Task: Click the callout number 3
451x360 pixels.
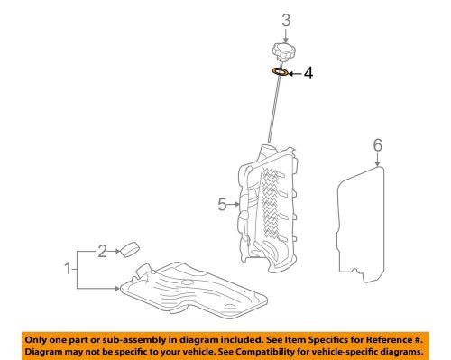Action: click(x=286, y=20)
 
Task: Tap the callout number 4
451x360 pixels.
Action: click(x=308, y=73)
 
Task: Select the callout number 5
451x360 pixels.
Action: click(x=222, y=205)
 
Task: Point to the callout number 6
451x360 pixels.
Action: click(x=378, y=145)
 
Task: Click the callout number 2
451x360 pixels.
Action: click(x=102, y=251)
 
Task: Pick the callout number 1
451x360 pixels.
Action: click(x=69, y=268)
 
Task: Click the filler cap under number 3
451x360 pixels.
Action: click(x=283, y=52)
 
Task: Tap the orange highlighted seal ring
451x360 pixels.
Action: click(x=281, y=72)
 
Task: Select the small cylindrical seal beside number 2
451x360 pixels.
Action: click(x=130, y=249)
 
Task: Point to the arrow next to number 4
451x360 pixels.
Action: click(x=295, y=73)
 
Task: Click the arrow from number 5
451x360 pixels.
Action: click(x=234, y=205)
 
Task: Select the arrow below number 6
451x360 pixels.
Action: click(x=378, y=160)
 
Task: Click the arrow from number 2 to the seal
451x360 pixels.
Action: click(x=115, y=251)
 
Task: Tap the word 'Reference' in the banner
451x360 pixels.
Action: click(x=388, y=340)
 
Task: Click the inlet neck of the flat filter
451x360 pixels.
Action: click(x=143, y=269)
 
